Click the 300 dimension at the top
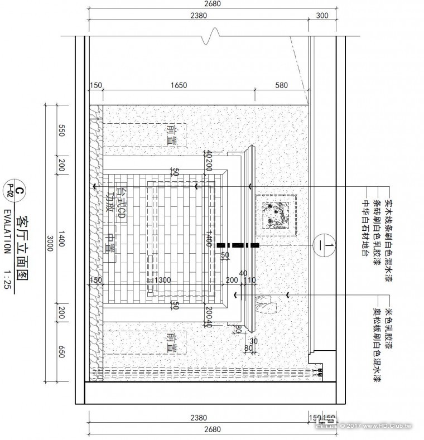(x=322, y=16)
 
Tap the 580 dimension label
(x=281, y=85)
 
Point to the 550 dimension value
(x=62, y=131)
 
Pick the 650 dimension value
(x=62, y=352)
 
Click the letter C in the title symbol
(x=19, y=192)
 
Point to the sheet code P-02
(x=8, y=191)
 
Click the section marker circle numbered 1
(x=324, y=245)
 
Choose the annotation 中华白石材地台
(x=367, y=227)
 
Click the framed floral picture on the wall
(x=276, y=214)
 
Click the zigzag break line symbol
(x=209, y=37)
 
